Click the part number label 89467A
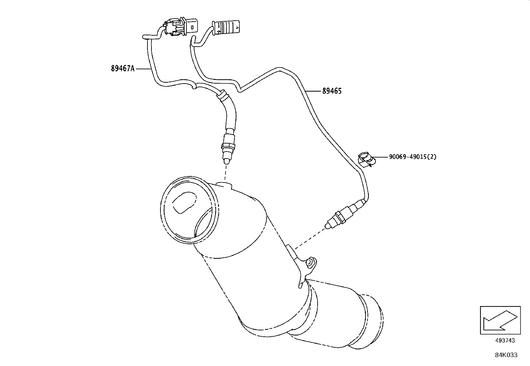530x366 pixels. pyautogui.click(x=123, y=69)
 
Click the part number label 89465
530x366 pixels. pyautogui.click(x=332, y=91)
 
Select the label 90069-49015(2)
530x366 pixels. pyautogui.click(x=412, y=157)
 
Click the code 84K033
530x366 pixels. pyautogui.click(x=506, y=355)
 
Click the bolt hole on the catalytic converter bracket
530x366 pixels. pyautogui.click(x=310, y=263)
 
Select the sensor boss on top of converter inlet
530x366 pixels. pyautogui.click(x=223, y=184)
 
